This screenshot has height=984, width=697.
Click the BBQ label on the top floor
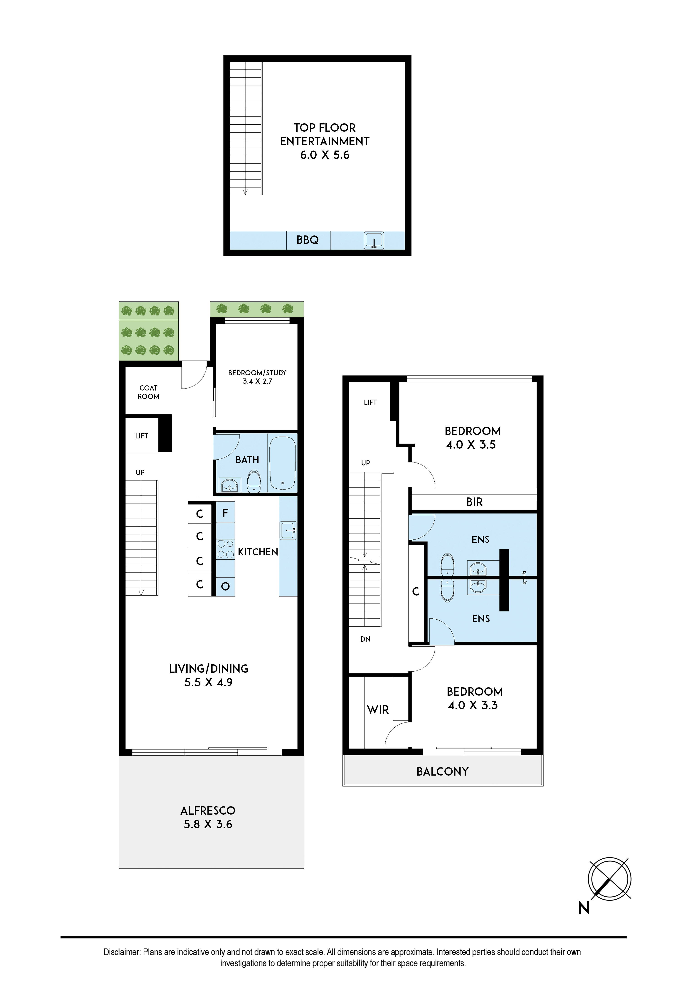[307, 240]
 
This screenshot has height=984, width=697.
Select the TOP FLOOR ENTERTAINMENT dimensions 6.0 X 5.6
[325, 156]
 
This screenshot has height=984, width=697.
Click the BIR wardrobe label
[474, 502]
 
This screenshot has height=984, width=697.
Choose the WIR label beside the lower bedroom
[378, 710]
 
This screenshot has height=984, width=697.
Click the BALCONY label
[443, 771]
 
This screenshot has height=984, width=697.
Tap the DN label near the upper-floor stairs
[365, 639]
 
